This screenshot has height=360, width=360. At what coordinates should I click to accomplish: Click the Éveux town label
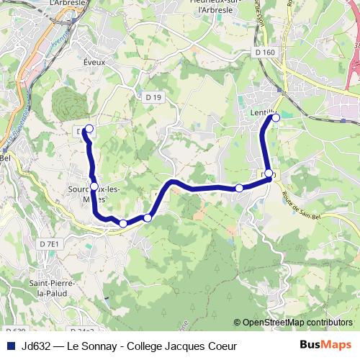tap(94, 63)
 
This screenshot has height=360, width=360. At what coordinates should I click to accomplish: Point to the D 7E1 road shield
tap(49, 244)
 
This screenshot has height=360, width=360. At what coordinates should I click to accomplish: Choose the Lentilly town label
tap(262, 113)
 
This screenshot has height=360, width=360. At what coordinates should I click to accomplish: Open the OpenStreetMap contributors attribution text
tap(297, 323)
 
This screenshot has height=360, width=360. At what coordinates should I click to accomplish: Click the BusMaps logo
tap(325, 345)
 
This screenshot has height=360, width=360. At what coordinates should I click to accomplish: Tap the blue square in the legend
tap(10, 346)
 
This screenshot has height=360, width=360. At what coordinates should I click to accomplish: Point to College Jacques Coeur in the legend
tap(181, 346)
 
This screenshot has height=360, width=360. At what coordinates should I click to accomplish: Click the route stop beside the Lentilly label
tap(275, 117)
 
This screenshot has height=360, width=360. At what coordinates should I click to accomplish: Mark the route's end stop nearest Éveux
tap(89, 130)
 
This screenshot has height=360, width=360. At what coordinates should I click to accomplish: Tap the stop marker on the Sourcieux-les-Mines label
tap(94, 186)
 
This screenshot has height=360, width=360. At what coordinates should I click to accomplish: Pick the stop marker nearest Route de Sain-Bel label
tap(269, 174)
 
